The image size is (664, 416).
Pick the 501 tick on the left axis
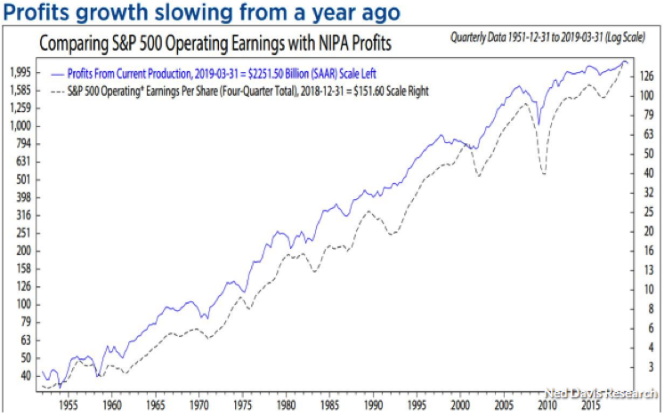pyautogui.click(x=20, y=179)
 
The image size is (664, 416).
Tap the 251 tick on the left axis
pyautogui.click(x=20, y=232)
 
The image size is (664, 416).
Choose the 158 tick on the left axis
pyautogui.click(x=20, y=268)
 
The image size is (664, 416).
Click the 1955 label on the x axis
pyautogui.click(x=66, y=402)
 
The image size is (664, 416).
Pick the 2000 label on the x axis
pyautogui.click(x=458, y=402)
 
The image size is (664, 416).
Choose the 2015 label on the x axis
pyautogui.click(x=589, y=402)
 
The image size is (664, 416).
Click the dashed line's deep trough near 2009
pyautogui.click(x=544, y=172)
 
